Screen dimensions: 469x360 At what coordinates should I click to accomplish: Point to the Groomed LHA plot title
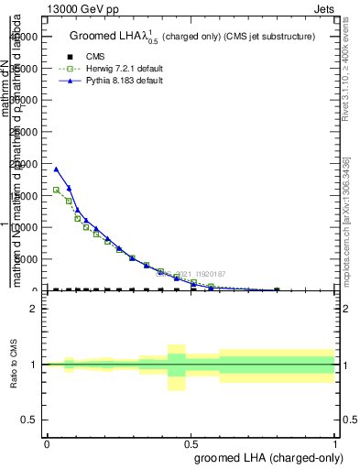pyautogui.click(x=192, y=36)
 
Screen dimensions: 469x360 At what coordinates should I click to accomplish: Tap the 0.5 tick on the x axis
pyautogui.click(x=191, y=442)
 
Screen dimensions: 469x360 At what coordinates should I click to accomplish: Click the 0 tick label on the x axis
pyautogui.click(x=47, y=442)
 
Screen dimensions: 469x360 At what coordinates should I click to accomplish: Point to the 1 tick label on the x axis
pyautogui.click(x=335, y=442)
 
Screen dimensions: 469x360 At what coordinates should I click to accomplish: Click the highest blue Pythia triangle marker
pyautogui.click(x=57, y=169)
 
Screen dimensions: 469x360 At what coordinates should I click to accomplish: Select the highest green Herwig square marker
pyautogui.click(x=57, y=190)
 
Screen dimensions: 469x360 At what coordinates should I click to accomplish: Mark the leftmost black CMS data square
pyautogui.click(x=57, y=290)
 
